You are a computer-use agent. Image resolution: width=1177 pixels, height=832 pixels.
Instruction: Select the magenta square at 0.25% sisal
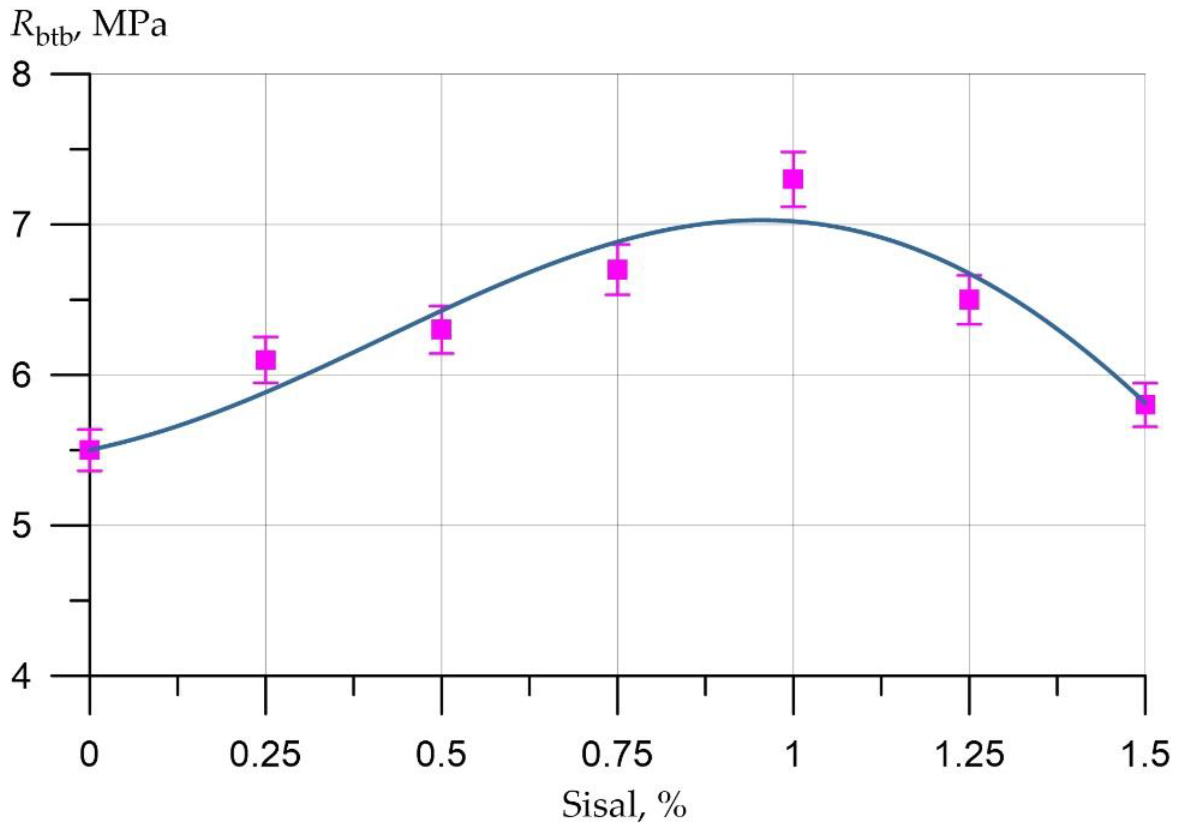[x=265, y=360]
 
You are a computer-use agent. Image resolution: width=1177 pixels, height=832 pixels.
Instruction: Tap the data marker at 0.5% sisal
[x=441, y=329]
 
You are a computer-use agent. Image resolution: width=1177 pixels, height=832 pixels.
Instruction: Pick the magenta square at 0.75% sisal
[x=617, y=269]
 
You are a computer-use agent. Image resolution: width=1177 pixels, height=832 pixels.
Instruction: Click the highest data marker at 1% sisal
[x=793, y=179]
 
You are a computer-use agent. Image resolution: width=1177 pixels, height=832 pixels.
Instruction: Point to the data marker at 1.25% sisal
[x=969, y=299]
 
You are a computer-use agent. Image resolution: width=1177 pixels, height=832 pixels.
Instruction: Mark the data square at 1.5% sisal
[x=1144, y=404]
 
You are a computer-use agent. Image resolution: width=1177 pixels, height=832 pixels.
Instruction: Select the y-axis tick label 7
[x=22, y=224]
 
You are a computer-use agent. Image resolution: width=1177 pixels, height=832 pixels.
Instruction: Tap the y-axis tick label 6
[x=22, y=375]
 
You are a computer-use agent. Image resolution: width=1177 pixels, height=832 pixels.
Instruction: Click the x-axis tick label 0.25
[x=265, y=755]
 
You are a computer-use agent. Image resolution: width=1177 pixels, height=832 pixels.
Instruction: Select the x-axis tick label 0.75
[x=617, y=755]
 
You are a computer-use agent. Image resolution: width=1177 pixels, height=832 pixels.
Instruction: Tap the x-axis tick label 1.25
[x=968, y=755]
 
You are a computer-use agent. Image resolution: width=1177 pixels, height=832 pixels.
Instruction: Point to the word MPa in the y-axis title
[x=130, y=26]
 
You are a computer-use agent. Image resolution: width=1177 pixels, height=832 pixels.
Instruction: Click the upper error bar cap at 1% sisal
[x=793, y=152]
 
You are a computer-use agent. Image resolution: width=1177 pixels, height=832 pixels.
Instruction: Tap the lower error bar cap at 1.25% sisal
[x=969, y=324]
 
